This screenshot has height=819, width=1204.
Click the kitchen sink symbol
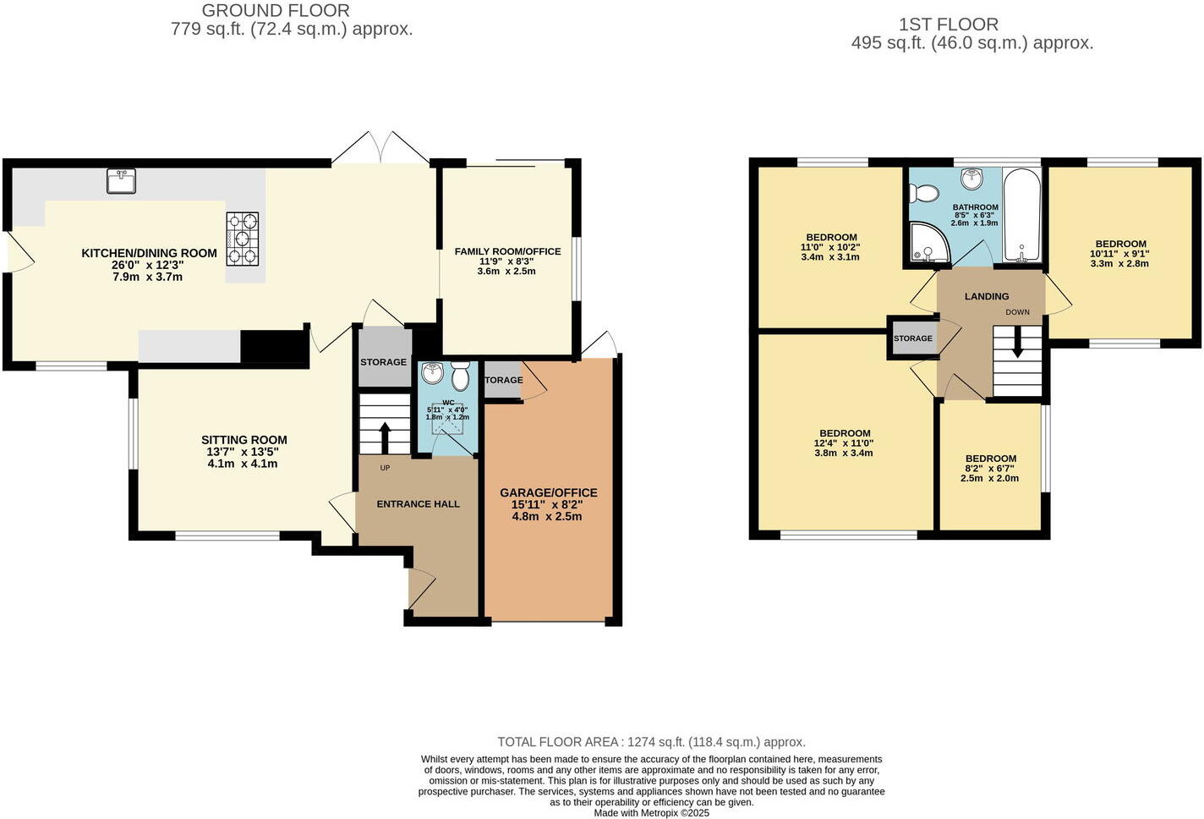[122, 181]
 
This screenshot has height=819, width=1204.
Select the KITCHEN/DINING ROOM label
[149, 253]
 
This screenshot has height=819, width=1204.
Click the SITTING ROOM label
[244, 440]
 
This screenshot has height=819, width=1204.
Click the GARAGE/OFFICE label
[548, 492]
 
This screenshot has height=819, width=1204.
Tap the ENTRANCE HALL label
[418, 504]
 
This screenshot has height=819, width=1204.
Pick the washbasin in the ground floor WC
[432, 373]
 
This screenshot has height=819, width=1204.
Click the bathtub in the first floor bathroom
[1022, 216]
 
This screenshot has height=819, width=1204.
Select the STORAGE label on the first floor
[913, 338]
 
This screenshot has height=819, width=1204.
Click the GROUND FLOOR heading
[276, 11]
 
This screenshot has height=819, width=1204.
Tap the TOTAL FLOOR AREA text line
[651, 742]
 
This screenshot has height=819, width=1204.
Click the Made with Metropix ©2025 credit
[651, 813]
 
